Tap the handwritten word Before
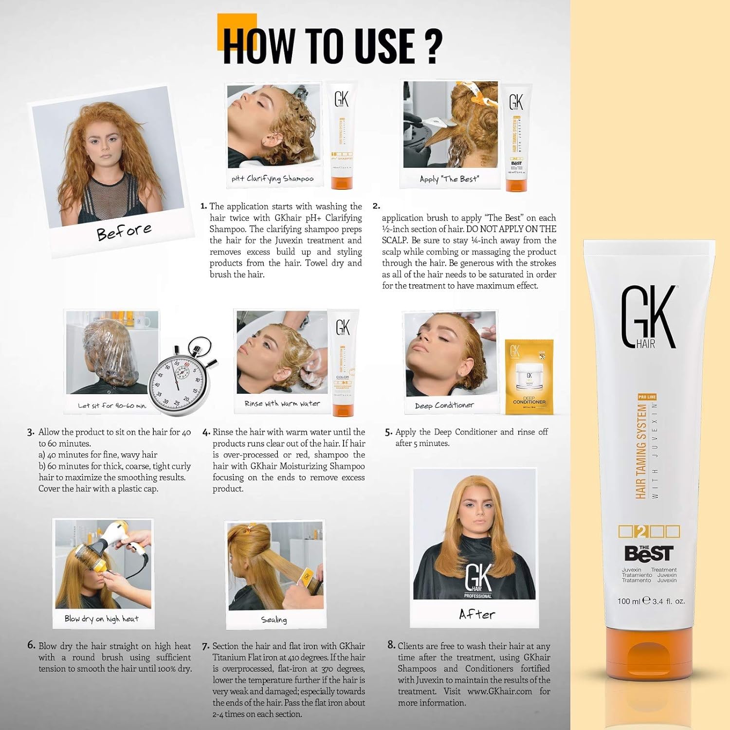(x=124, y=232)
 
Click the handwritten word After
(x=476, y=615)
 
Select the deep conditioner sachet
(x=529, y=377)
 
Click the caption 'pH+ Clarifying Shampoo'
(x=273, y=179)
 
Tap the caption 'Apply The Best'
(x=449, y=179)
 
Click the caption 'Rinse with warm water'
(x=282, y=403)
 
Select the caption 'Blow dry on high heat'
(x=101, y=619)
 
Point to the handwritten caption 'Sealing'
(x=274, y=620)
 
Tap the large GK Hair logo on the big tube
(x=648, y=317)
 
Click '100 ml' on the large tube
(x=629, y=601)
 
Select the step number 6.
(x=31, y=645)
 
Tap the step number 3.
(x=31, y=432)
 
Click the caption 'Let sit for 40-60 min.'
(x=112, y=405)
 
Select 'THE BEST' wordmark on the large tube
(x=649, y=553)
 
